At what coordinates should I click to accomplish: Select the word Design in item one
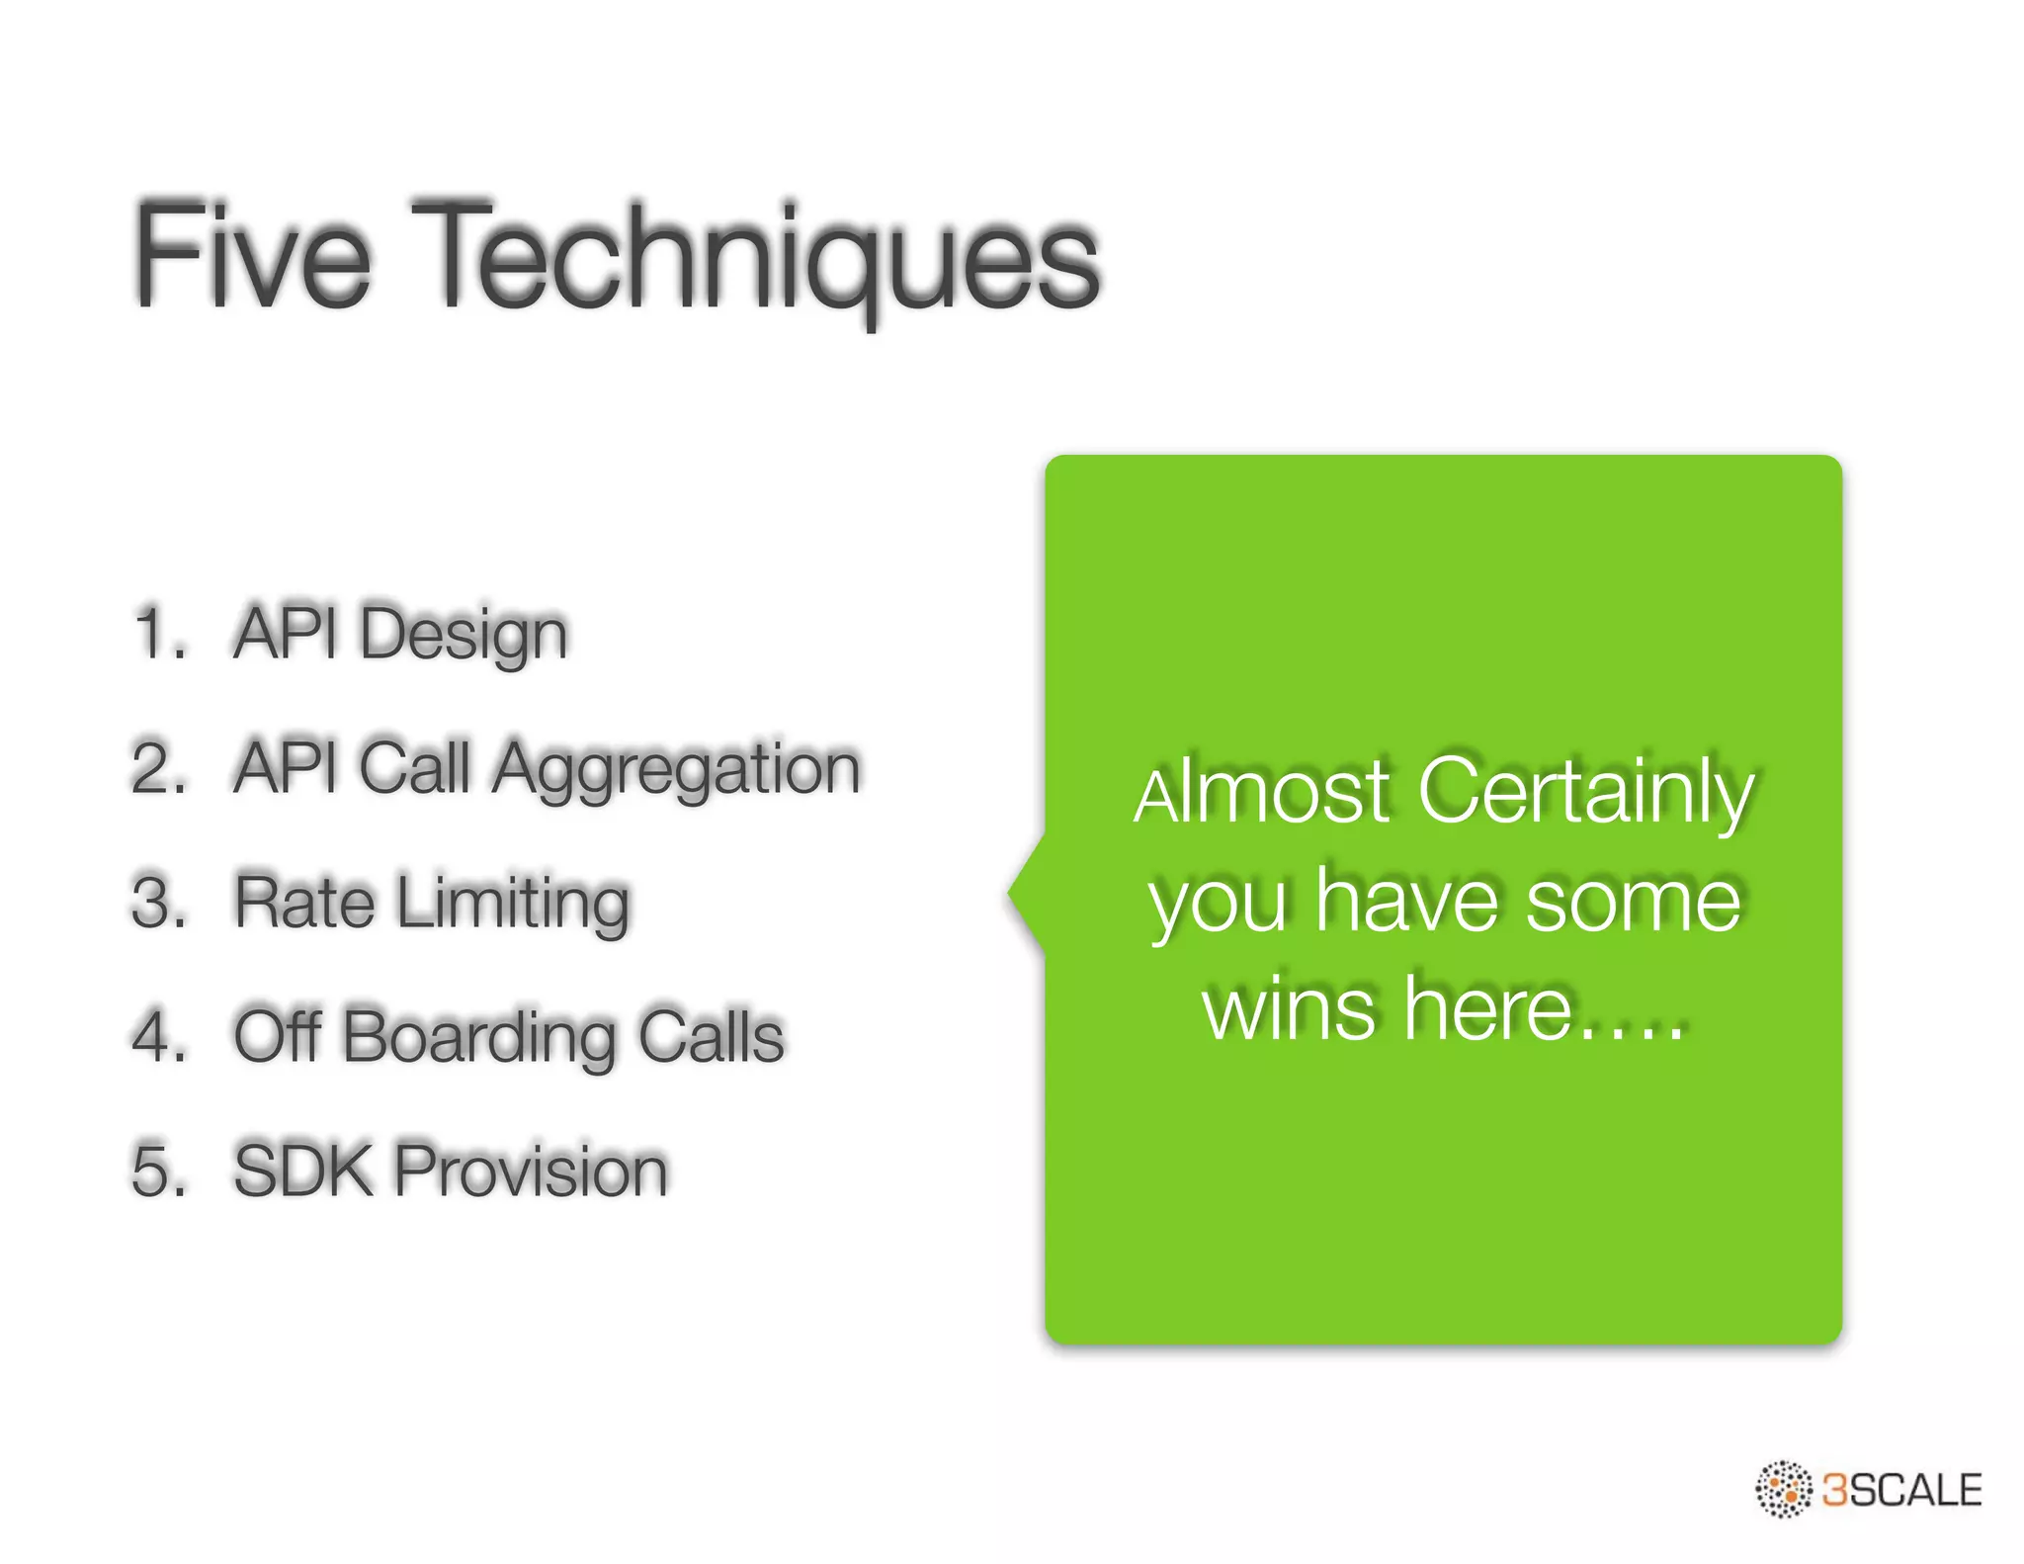point(464,636)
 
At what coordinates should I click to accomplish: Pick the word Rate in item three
point(303,902)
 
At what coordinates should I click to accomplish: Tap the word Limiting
point(513,904)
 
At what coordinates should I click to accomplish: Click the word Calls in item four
point(711,1036)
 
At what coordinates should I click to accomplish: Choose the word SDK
point(301,1171)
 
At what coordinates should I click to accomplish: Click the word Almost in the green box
point(1262,794)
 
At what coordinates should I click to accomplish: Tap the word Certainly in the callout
point(1585,794)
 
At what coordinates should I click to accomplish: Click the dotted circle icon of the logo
point(1784,1489)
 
